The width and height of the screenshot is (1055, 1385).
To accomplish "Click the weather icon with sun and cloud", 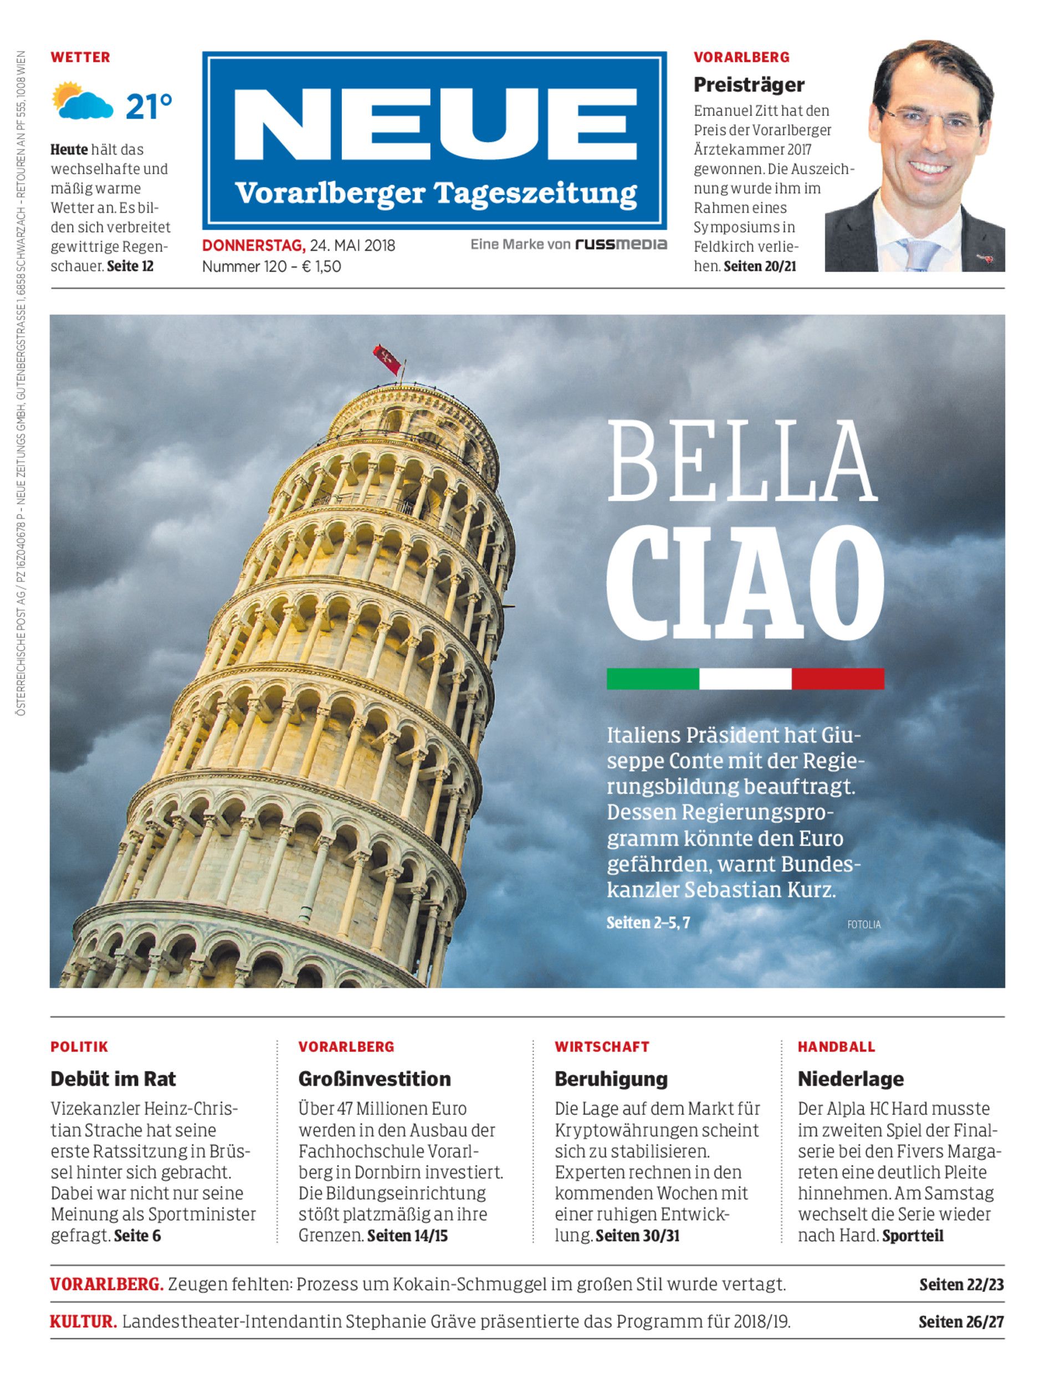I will coord(82,100).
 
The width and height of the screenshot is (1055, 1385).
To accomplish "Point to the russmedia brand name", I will coord(621,244).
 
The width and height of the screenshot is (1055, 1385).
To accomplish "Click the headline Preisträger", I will coord(749,84).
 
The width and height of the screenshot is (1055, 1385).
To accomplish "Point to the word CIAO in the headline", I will coord(745,581).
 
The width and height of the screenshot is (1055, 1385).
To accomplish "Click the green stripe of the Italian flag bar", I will coord(653,679).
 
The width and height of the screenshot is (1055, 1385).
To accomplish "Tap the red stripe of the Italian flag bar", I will coord(838,679).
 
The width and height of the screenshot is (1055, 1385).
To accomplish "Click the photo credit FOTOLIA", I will coord(863,925).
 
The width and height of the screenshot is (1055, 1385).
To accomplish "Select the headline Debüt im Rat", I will coord(113,1079).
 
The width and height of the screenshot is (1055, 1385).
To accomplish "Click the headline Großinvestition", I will coord(374,1079).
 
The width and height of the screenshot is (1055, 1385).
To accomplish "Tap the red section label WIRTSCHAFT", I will coord(602,1047).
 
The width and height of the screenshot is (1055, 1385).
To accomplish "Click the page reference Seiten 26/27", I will coord(961,1322).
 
